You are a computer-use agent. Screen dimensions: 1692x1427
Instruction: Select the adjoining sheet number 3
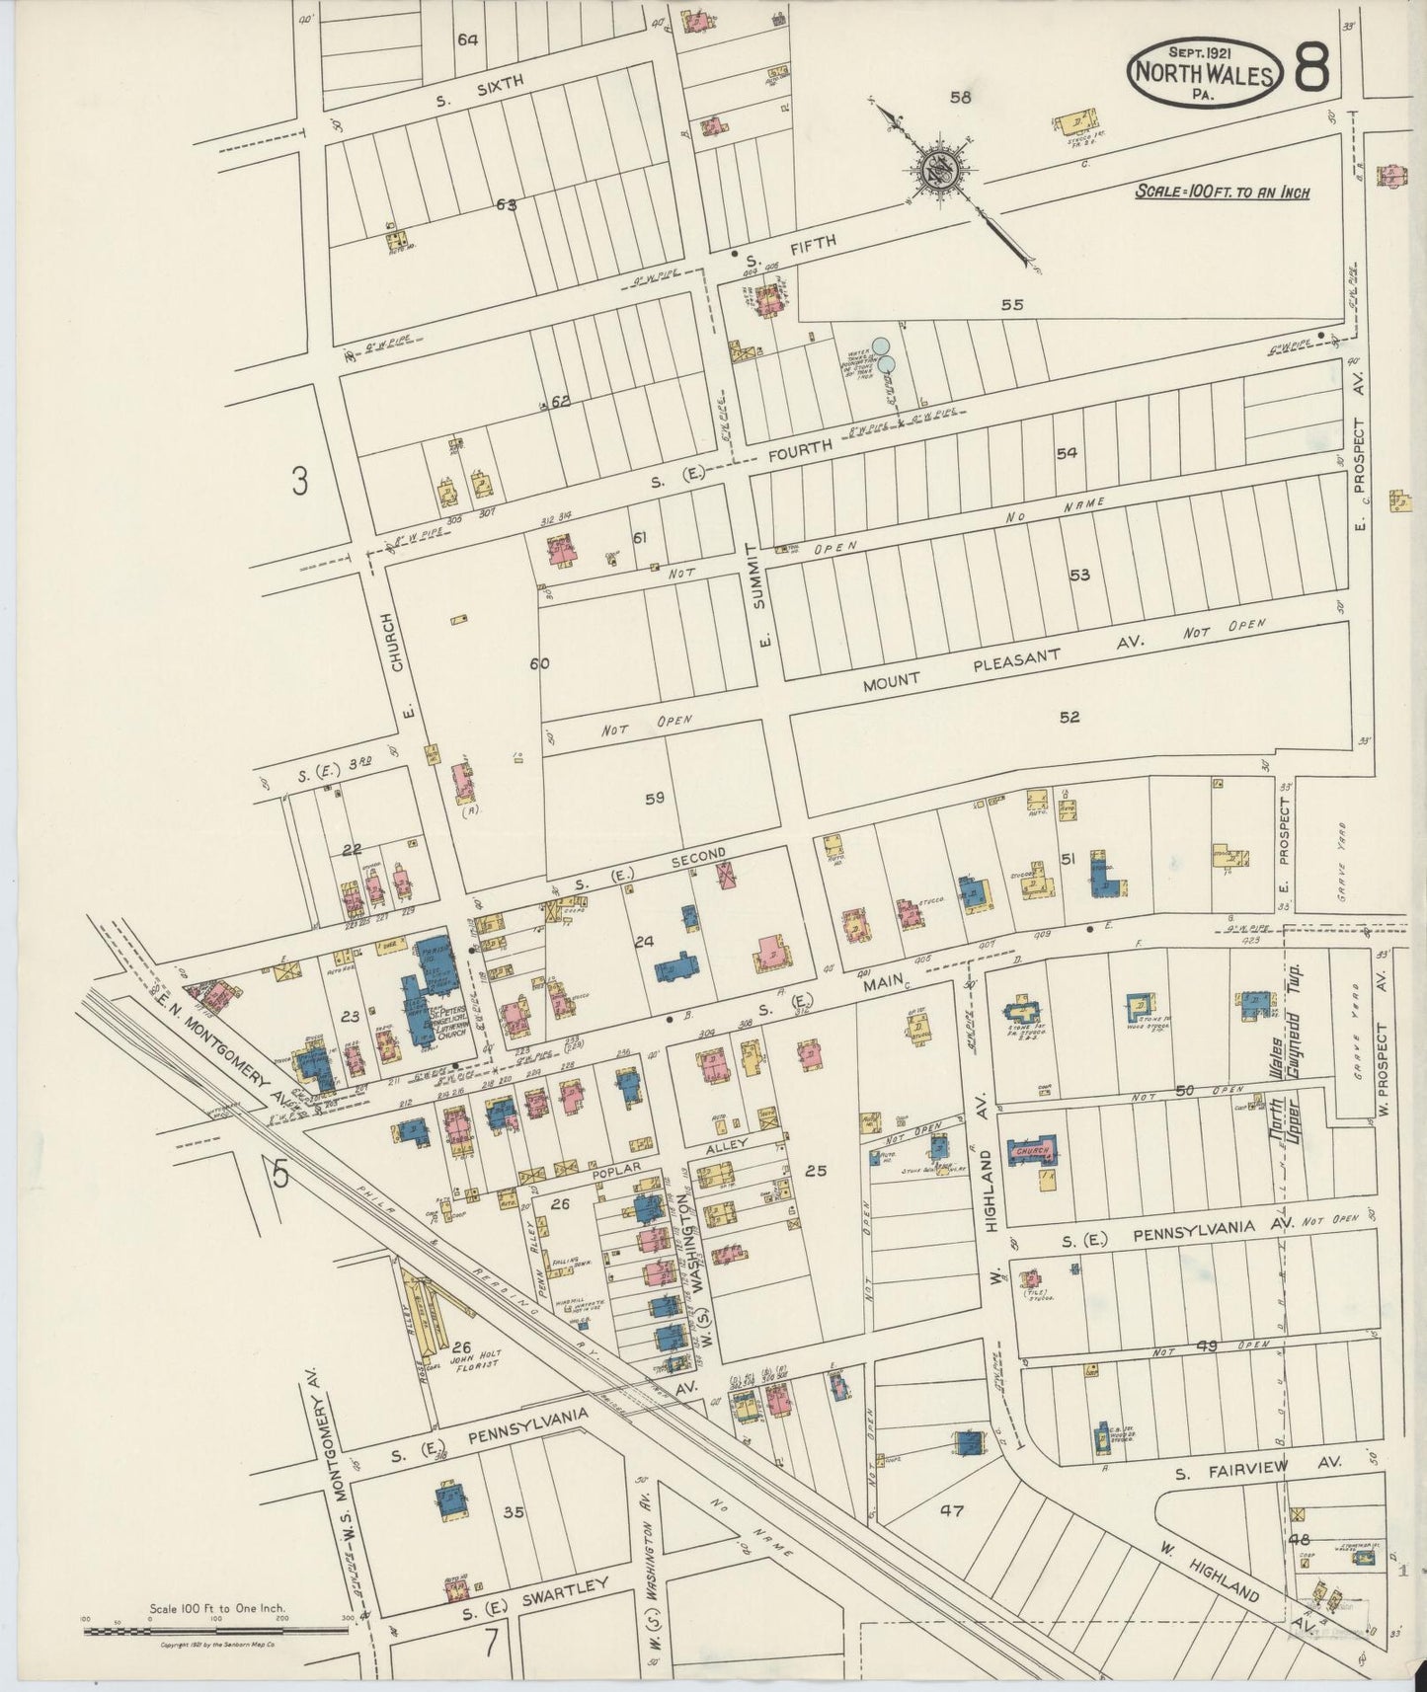pyautogui.click(x=300, y=483)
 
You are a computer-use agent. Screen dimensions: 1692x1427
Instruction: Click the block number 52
pyautogui.click(x=1070, y=718)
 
